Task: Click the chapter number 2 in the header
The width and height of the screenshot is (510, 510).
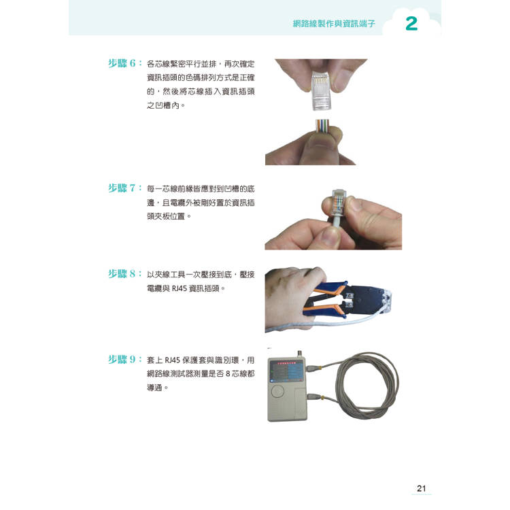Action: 411,24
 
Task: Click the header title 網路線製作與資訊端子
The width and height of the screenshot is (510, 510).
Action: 334,24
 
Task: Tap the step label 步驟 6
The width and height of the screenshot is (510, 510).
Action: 124,63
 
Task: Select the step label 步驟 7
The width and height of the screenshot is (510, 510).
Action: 124,188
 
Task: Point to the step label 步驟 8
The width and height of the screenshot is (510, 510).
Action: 124,274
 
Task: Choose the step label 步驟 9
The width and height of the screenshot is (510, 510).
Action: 124,360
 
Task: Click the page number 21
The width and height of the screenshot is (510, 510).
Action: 421,488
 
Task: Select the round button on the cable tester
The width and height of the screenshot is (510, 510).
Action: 279,392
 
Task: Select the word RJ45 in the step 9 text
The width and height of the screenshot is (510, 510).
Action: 172,360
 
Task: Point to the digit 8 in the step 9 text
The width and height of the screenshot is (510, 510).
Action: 228,374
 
